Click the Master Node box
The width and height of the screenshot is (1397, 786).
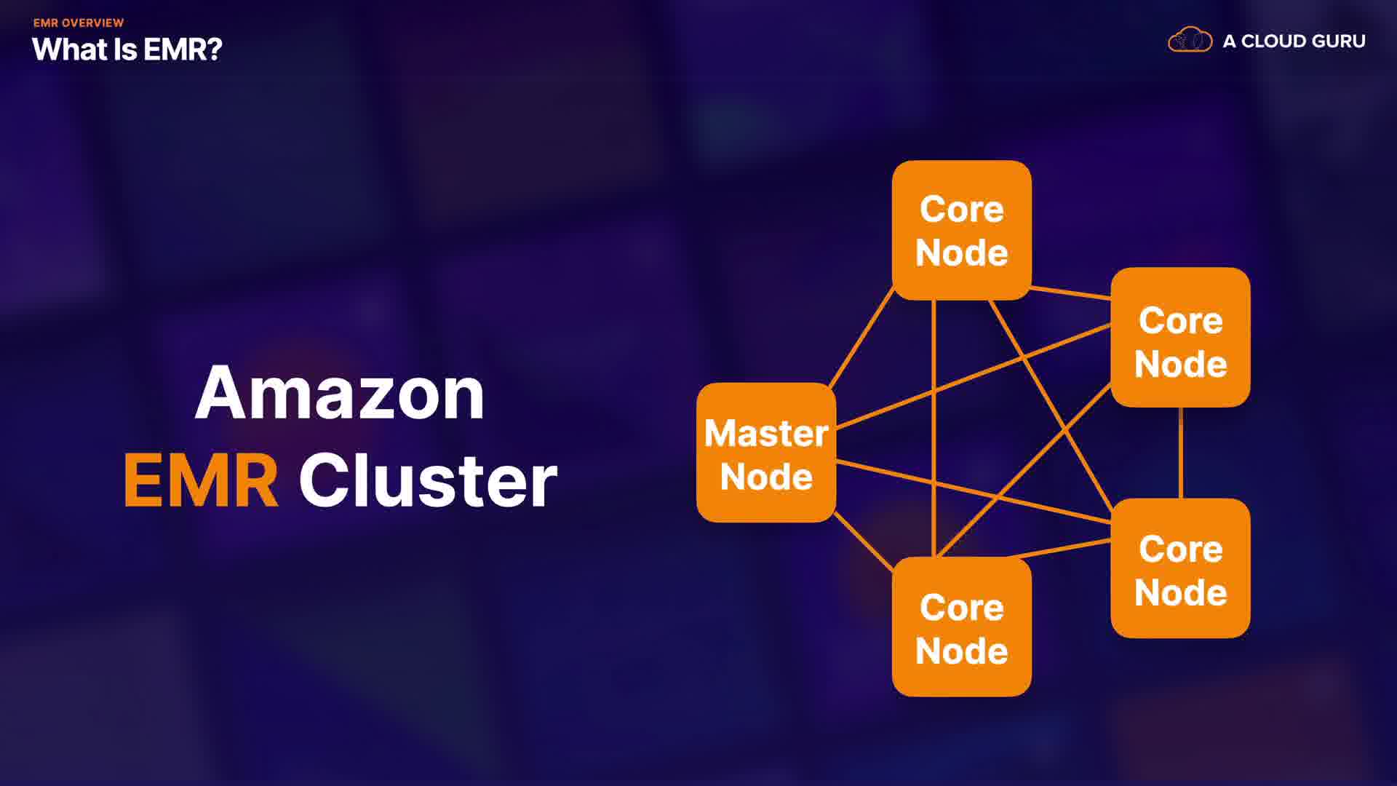[x=766, y=453]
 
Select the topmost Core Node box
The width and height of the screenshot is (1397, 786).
[x=961, y=230]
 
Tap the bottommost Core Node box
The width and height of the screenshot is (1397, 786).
[x=961, y=627]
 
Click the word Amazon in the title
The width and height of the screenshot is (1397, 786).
[x=340, y=394]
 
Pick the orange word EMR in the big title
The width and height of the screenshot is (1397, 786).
[x=201, y=481]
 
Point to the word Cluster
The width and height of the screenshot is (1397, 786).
[x=428, y=481]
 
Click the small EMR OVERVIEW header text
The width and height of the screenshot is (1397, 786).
[x=79, y=23]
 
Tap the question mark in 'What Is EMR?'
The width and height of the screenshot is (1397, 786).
[x=214, y=49]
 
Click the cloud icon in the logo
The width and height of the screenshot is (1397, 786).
[x=1190, y=40]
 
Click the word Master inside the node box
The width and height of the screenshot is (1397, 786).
[x=766, y=434]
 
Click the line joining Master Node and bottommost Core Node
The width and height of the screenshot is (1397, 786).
[x=863, y=541]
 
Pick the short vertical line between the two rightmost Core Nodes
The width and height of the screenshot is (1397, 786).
[x=1180, y=453]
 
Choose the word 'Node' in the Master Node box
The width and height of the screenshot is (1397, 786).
[x=766, y=477]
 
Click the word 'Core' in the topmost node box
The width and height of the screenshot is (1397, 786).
[x=961, y=210]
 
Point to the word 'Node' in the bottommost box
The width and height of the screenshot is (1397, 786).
[x=961, y=651]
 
